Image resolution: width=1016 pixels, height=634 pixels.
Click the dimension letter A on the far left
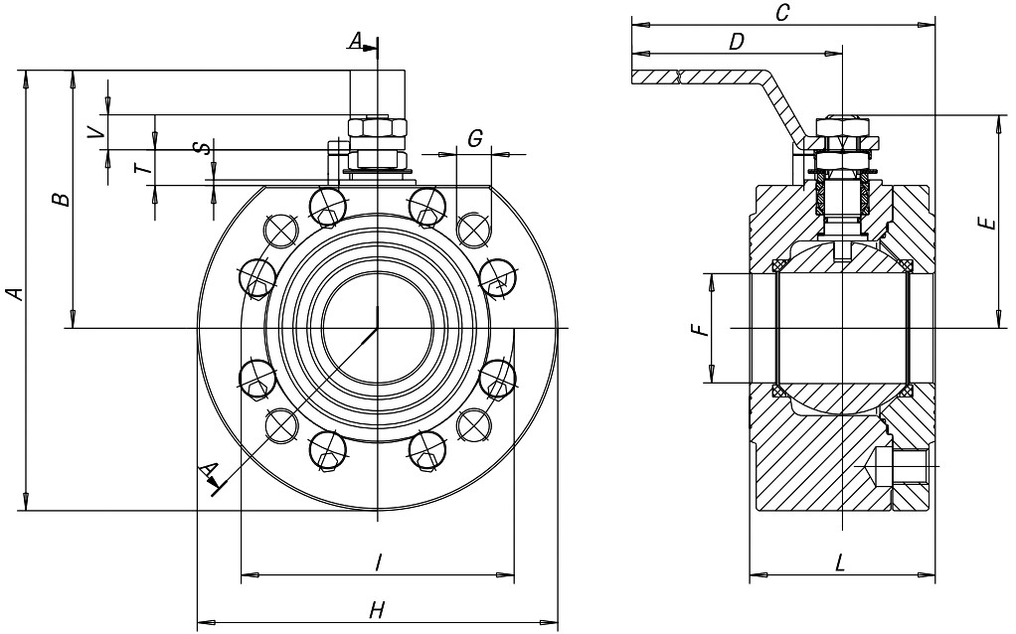pyautogui.click(x=13, y=292)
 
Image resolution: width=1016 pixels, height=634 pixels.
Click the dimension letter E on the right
pyautogui.click(x=986, y=223)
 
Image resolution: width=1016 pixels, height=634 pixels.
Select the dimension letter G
pyautogui.click(x=475, y=139)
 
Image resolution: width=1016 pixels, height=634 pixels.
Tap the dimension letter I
pyautogui.click(x=378, y=562)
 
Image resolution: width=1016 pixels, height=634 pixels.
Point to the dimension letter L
pyautogui.click(x=840, y=562)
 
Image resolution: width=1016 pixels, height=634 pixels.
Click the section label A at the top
pyautogui.click(x=356, y=40)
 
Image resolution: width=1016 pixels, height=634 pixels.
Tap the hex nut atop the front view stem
pyautogui.click(x=377, y=129)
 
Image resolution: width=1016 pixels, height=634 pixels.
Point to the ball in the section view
pyautogui.click(x=841, y=328)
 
